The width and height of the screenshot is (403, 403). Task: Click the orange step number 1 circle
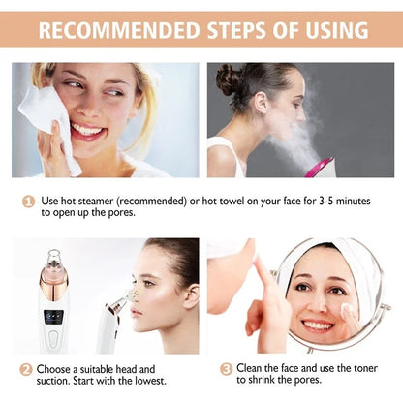click(x=29, y=201)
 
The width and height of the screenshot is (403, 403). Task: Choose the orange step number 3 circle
click(x=226, y=369)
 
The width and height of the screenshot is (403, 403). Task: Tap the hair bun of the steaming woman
click(x=229, y=79)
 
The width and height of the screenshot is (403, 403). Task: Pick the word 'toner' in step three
click(x=361, y=369)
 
